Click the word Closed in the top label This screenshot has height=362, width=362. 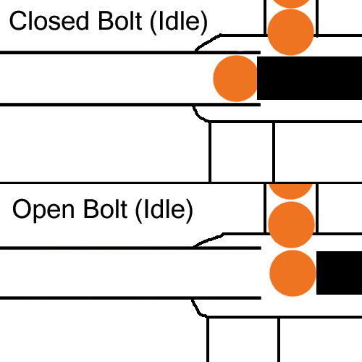click(49, 21)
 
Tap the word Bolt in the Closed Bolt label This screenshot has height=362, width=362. click(119, 21)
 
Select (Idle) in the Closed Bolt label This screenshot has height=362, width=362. click(179, 22)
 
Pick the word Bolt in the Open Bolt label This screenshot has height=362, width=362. click(105, 209)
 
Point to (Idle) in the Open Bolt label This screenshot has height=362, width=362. click(164, 211)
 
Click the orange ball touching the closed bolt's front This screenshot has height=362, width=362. click(236, 78)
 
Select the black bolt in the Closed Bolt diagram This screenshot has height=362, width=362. click(309, 78)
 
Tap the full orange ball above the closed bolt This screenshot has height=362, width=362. click(291, 33)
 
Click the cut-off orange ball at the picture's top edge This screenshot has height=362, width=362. click(291, 4)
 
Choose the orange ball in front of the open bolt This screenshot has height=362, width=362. click(292, 273)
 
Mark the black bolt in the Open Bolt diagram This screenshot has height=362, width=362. click(339, 273)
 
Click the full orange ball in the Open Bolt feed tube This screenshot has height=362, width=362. click(291, 224)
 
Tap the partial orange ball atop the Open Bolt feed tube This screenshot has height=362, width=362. click(291, 191)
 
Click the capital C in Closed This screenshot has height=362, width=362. click(19, 21)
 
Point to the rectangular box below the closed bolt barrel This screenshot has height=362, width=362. click(242, 152)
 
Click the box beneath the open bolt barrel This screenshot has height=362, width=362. click(243, 340)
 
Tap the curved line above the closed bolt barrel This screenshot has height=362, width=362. click(207, 43)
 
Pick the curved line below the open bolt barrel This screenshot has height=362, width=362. click(198, 309)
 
